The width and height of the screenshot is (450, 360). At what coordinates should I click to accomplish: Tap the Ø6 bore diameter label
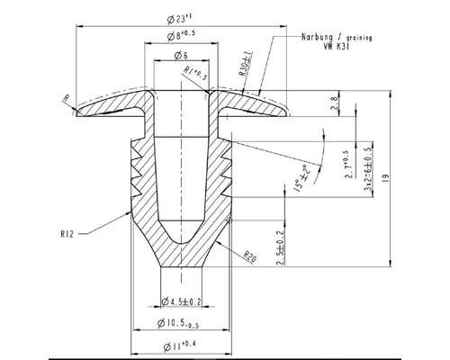tap(181, 56)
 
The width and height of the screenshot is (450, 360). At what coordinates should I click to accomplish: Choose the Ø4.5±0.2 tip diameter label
tap(181, 301)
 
